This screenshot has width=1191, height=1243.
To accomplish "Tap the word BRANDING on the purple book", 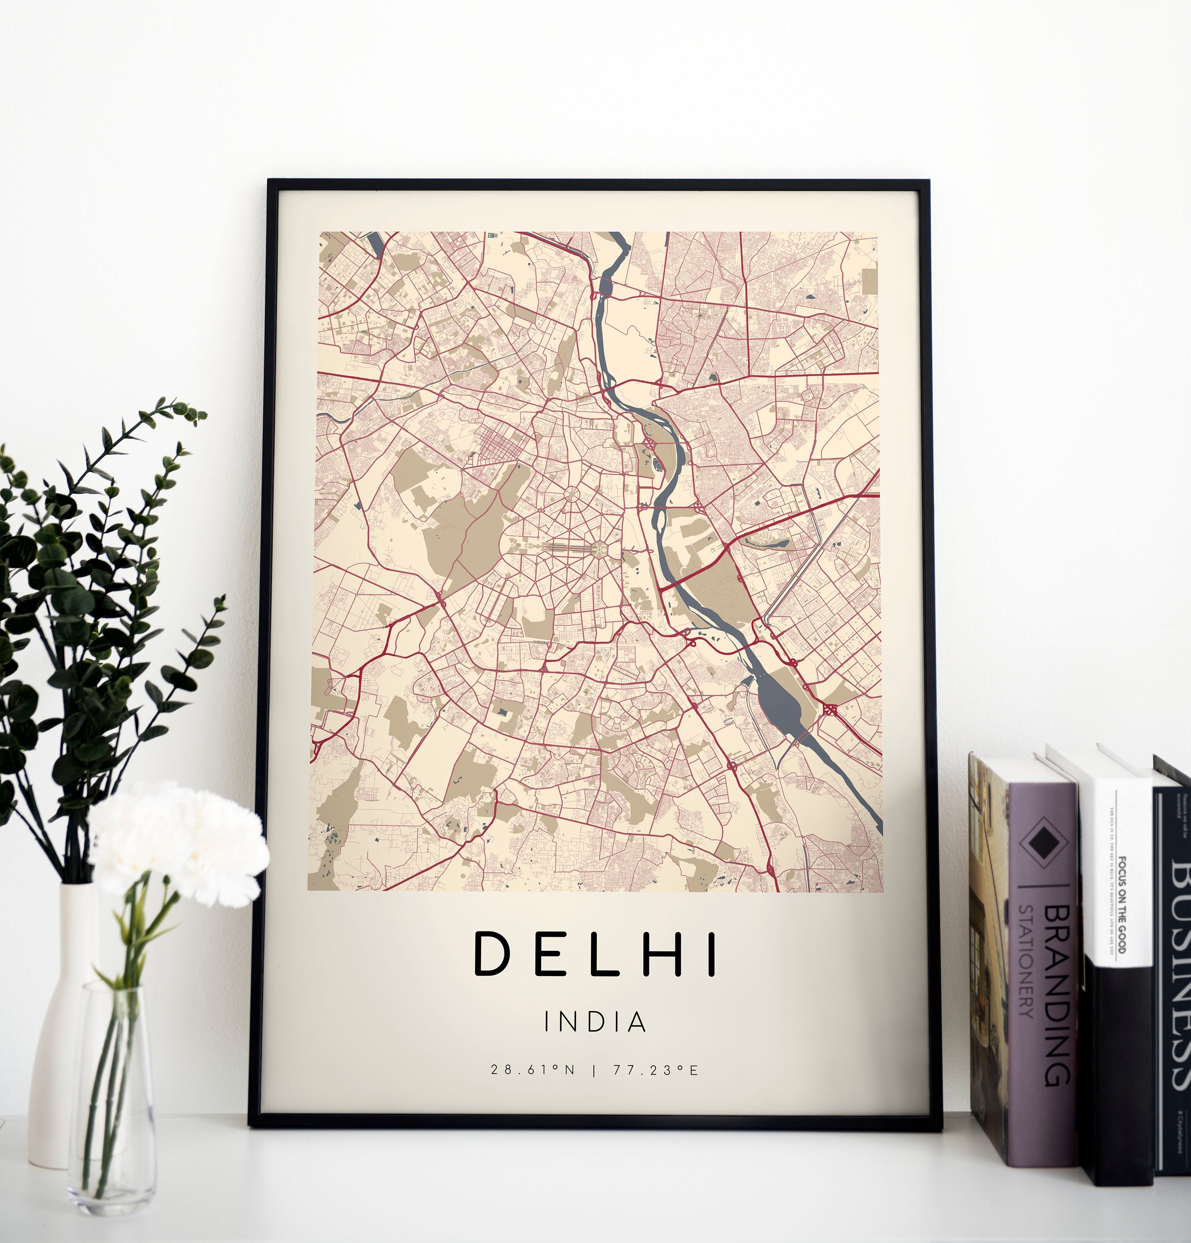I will pos(1057,995).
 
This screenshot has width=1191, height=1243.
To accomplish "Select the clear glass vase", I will pos(112,1091).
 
